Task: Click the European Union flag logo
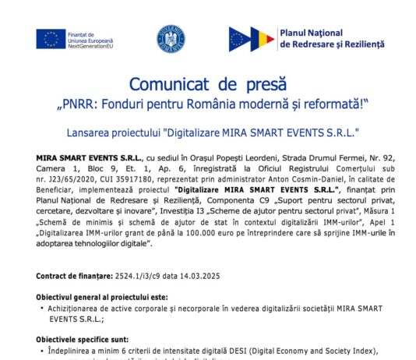pyautogui.click(x=50, y=38)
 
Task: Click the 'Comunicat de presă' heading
pyautogui.click(x=207, y=83)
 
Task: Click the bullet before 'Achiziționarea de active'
pyautogui.click(x=41, y=309)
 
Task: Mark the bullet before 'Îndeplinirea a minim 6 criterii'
pyautogui.click(x=41, y=351)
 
